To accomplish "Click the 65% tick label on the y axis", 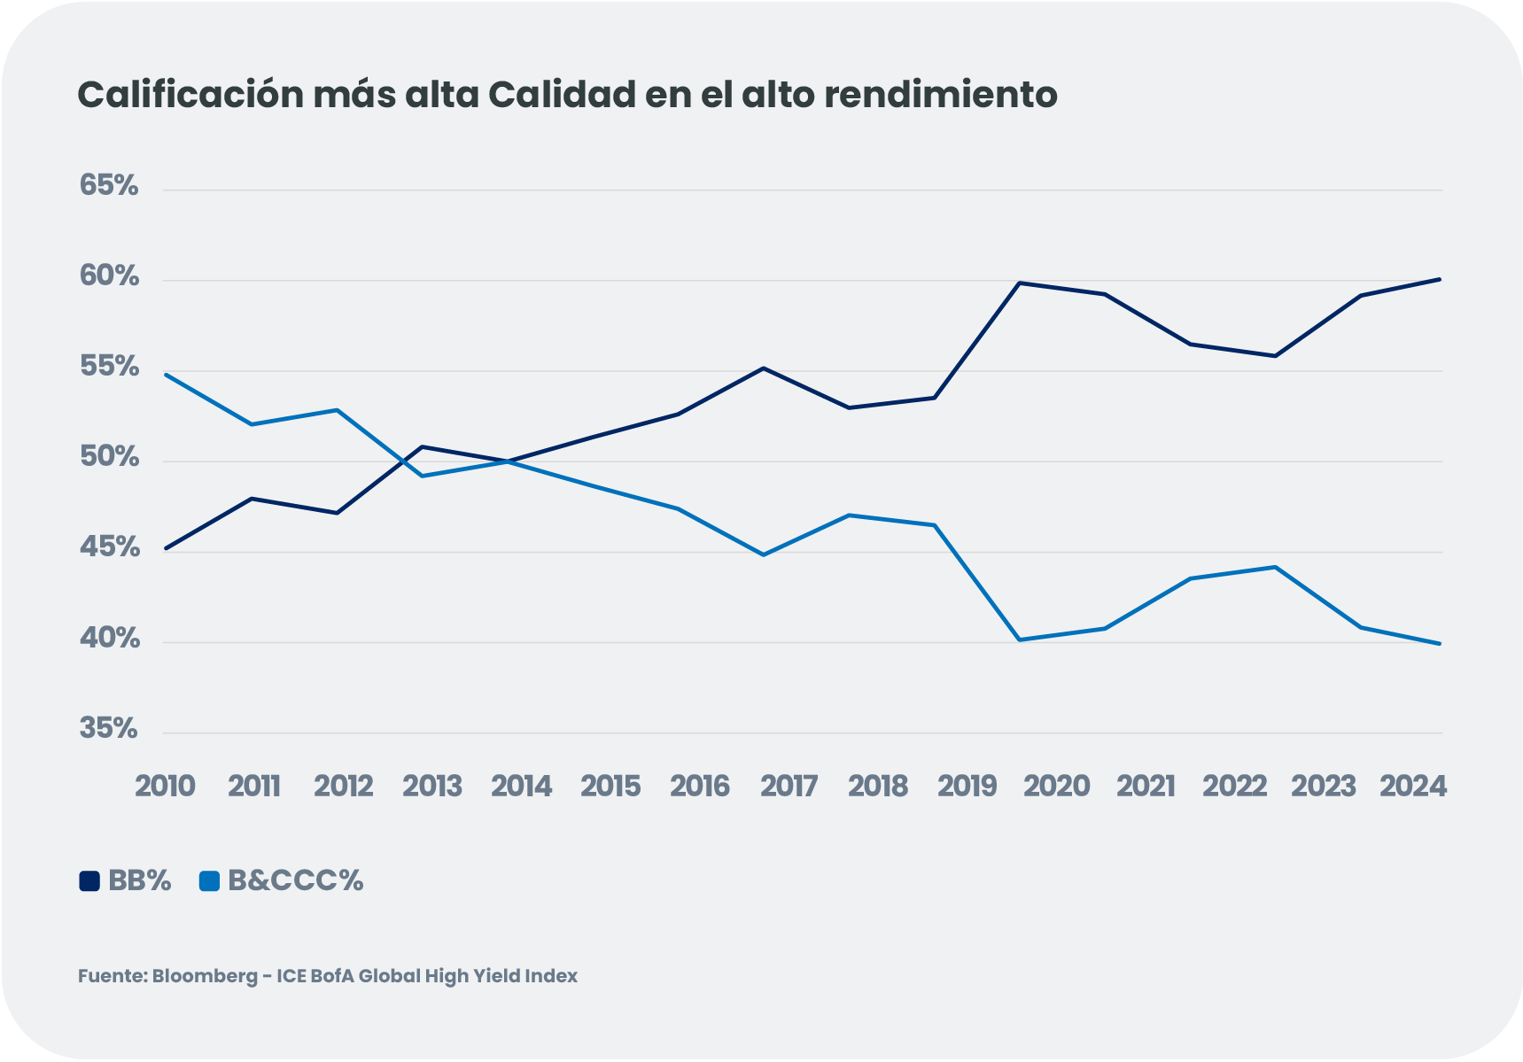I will click(109, 186).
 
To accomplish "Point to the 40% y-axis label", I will click(110, 639).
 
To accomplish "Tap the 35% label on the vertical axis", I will click(109, 729).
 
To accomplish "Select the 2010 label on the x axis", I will click(165, 787).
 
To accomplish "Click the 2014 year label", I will click(521, 787).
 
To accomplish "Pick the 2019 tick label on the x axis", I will click(967, 787).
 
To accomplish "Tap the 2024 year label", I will click(1412, 787).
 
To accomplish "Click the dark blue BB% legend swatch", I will click(89, 881).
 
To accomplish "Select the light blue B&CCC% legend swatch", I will click(209, 881).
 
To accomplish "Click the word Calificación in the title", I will click(190, 96).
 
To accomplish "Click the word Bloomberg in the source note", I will click(205, 976).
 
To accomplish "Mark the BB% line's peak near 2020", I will click(1021, 283).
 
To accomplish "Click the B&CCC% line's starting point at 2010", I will click(166, 375).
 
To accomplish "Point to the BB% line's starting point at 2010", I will click(166, 549).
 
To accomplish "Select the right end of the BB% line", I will click(1440, 279).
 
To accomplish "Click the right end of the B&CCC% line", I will click(1440, 644).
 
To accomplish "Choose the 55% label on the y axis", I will click(109, 367).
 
